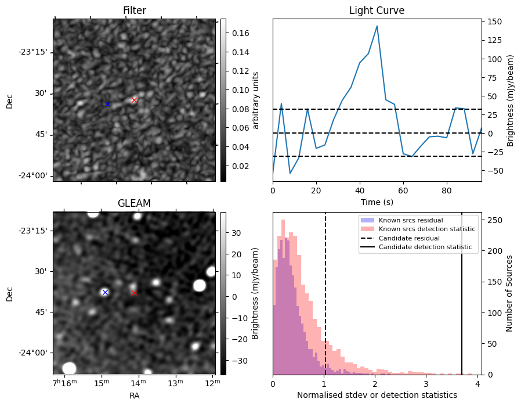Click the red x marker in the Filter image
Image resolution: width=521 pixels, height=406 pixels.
coord(134,100)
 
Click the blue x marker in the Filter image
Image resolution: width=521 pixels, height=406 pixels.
coord(107,104)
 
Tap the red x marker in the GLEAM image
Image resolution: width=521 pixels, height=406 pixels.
coord(134,293)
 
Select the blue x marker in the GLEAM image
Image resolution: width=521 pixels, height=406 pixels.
coord(105,292)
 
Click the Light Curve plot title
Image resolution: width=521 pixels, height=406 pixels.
coord(377,10)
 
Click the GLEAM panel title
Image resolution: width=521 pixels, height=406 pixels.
coord(134,203)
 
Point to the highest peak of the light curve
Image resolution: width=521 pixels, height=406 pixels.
coord(377,26)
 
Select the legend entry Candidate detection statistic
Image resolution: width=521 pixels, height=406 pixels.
coord(425,247)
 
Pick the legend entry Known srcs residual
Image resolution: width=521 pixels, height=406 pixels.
coord(411,220)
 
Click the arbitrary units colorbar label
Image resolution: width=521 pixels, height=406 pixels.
coord(255,100)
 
